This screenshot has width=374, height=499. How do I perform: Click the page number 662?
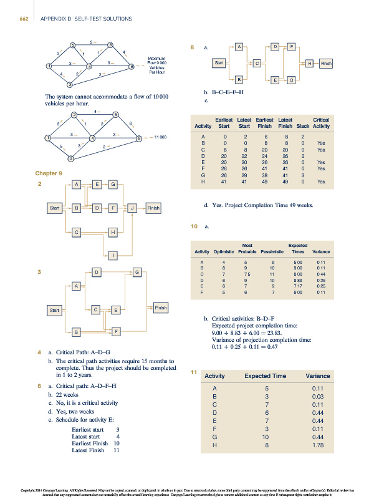(x=24, y=19)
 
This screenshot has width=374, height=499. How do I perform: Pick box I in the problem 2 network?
(x=113, y=254)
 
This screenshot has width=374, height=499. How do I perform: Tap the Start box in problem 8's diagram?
(x=219, y=63)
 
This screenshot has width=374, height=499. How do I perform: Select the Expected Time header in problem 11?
(x=265, y=376)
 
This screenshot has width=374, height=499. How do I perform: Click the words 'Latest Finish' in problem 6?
(x=88, y=450)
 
